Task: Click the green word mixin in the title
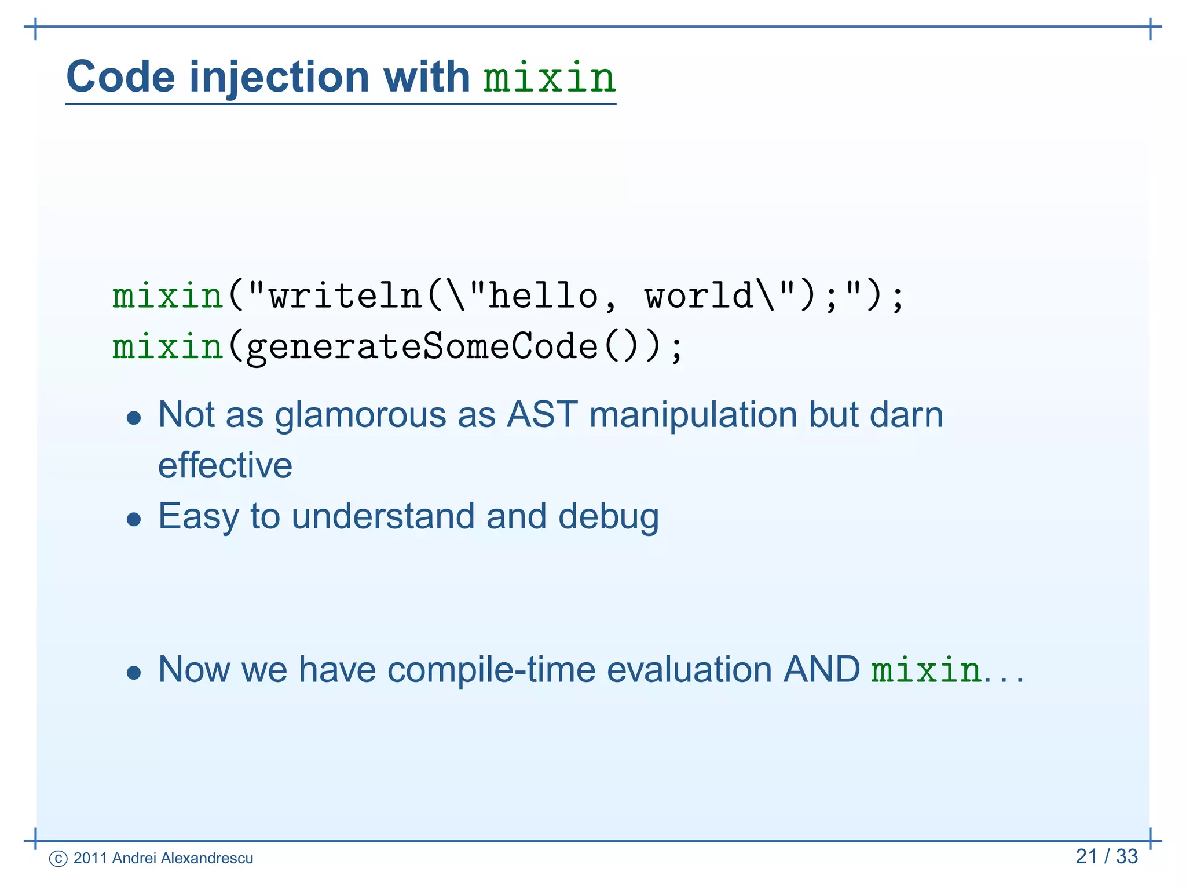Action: point(549,78)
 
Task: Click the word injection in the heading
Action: point(279,78)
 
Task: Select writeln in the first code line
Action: point(346,296)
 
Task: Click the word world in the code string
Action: point(698,296)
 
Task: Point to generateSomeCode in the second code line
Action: point(422,346)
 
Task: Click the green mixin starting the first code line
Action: point(167,296)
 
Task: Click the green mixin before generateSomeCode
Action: point(167,346)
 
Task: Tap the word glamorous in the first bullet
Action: point(360,415)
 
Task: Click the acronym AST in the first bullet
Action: point(542,415)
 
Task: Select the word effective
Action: point(225,465)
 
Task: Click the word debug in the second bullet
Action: point(608,516)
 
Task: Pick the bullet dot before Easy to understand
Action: point(134,519)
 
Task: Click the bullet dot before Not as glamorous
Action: point(134,418)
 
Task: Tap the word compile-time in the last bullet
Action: point(491,670)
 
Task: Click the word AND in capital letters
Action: point(821,670)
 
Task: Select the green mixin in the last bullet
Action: point(926,670)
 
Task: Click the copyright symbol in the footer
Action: point(58,859)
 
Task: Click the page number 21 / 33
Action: point(1106,856)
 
